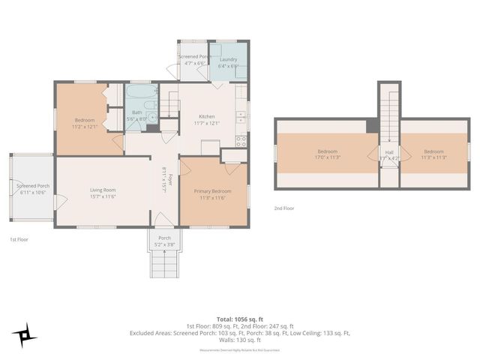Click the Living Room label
(x=103, y=193)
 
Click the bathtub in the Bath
(x=140, y=94)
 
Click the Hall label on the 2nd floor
(x=390, y=154)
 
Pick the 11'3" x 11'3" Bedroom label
(x=433, y=154)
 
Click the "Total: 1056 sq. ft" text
(x=240, y=318)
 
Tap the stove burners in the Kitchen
(x=241, y=139)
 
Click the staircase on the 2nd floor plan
(x=389, y=112)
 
